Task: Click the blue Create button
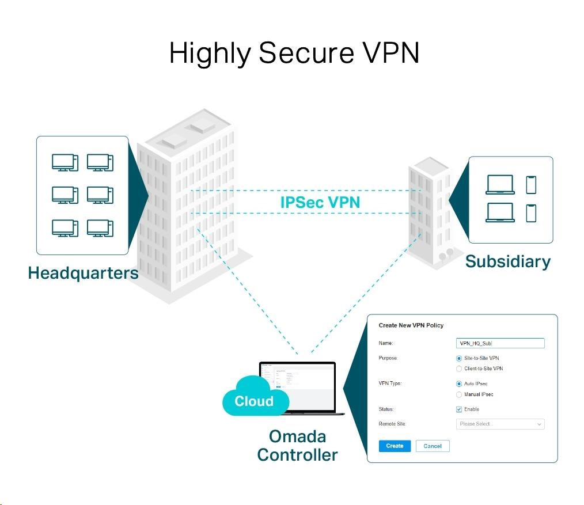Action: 395,446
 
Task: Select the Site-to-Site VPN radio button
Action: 459,358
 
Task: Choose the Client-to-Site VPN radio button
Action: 459,369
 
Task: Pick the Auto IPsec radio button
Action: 459,384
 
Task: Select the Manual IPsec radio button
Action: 459,394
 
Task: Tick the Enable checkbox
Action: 459,409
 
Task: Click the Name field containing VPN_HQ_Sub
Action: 499,343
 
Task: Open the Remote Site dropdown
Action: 499,424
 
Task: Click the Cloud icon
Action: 254,397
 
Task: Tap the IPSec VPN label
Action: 320,203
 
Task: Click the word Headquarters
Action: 83,273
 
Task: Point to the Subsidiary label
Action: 507,261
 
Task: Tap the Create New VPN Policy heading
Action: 411,325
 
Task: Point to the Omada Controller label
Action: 297,445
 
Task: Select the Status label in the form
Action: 386,409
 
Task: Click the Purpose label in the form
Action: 388,358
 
